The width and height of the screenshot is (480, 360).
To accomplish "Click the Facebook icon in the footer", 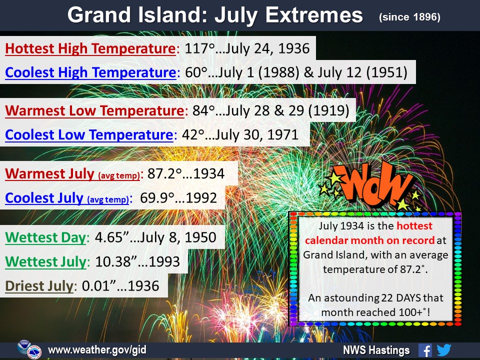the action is click(425, 350).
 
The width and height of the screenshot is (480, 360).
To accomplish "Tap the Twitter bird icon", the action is click(444, 350).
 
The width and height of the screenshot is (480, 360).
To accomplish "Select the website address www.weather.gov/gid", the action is click(97, 349).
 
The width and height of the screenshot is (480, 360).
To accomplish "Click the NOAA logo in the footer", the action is click(23, 347).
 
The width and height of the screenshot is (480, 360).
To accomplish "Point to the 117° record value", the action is click(199, 48).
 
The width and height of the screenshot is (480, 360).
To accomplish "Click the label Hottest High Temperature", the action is click(90, 48).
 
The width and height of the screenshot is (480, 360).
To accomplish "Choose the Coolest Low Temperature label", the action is click(89, 134).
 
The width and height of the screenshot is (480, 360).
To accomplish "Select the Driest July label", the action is click(39, 286).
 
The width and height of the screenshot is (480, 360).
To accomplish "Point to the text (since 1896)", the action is click(409, 17).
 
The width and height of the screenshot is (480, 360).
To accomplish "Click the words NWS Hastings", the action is click(376, 350).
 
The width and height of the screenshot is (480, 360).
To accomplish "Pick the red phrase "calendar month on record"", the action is click(369, 240).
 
